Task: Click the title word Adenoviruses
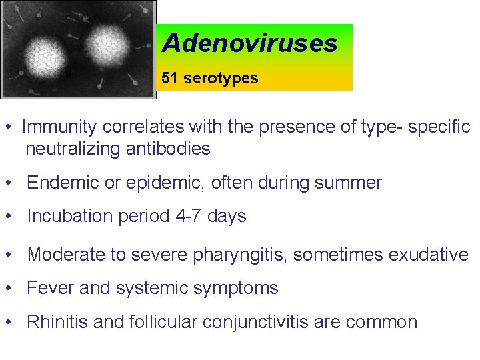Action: point(250,43)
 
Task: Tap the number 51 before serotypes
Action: point(170,79)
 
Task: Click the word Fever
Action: point(49,288)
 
